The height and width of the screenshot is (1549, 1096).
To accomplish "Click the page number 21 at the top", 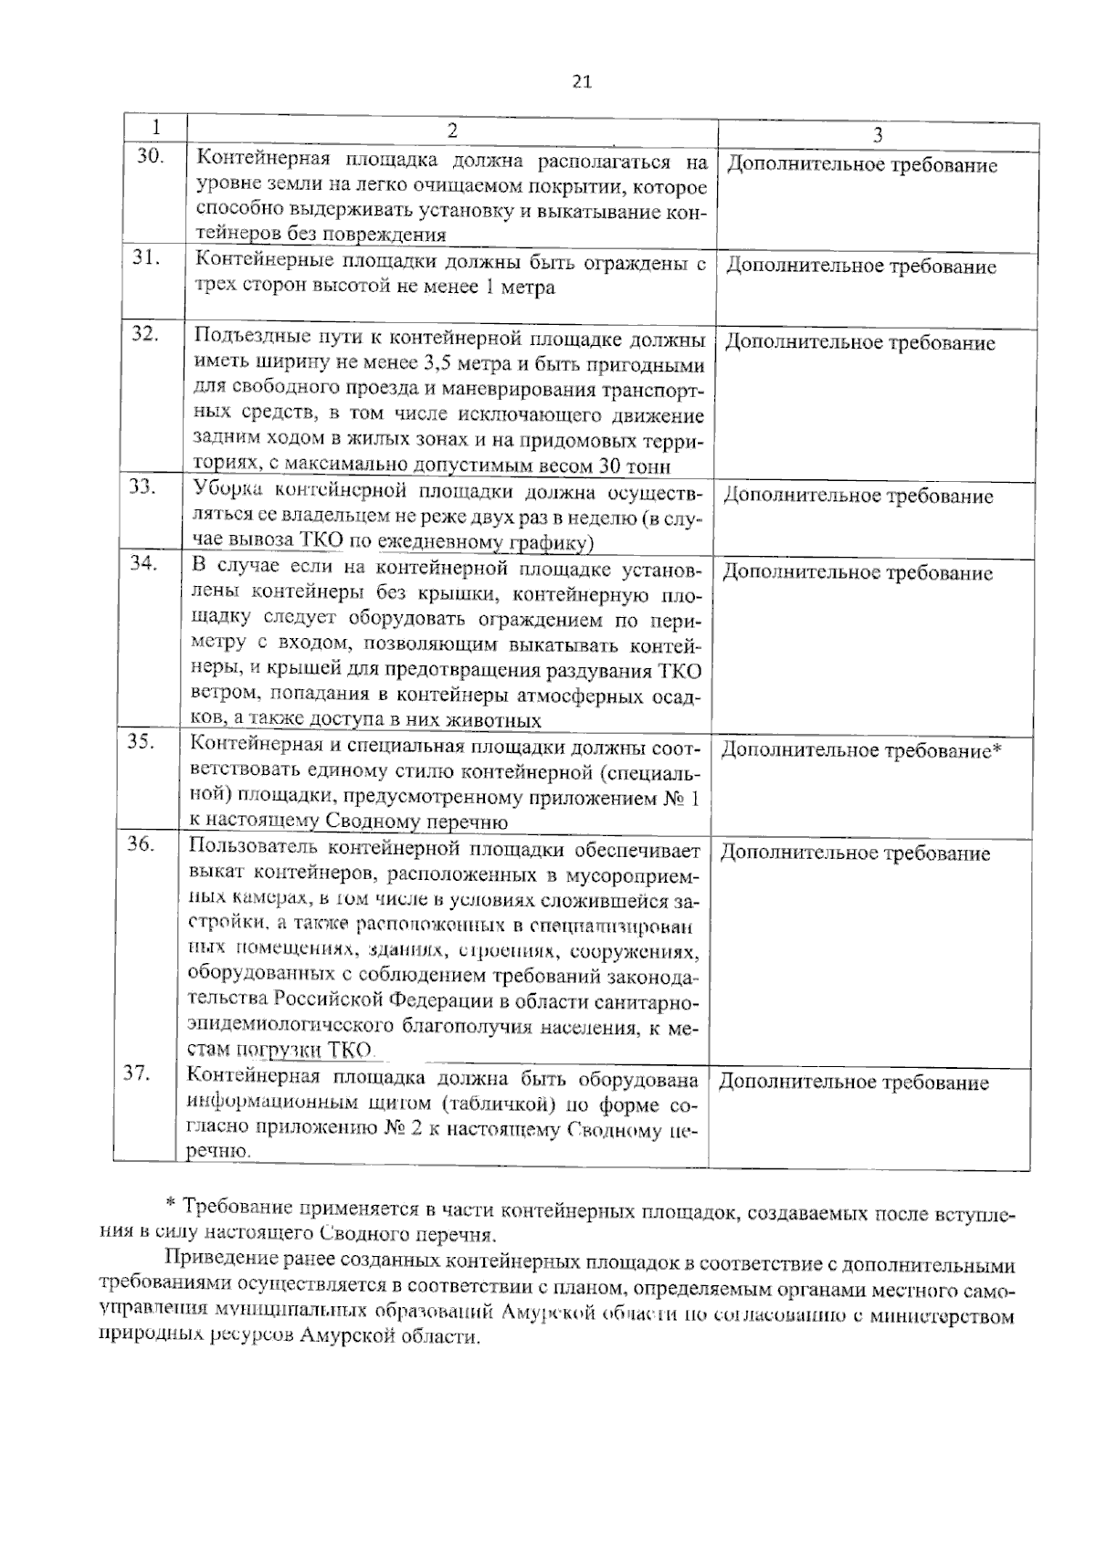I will tap(582, 81).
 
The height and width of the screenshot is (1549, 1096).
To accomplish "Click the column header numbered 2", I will tap(452, 131).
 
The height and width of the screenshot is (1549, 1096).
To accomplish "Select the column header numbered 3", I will tap(877, 135).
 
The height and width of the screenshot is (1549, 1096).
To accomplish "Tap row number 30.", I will tap(151, 156).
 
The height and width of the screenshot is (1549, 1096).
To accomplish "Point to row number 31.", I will tap(147, 257).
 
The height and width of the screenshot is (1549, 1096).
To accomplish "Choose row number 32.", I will tap(145, 333).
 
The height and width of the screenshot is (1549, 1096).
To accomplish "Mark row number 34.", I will tap(143, 562).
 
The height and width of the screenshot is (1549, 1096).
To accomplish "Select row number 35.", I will tap(142, 741).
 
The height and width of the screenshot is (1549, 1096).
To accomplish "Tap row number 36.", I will tap(140, 843).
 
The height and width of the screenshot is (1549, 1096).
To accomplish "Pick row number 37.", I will tap(137, 1073).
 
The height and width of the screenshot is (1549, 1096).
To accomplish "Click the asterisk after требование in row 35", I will tap(997, 749).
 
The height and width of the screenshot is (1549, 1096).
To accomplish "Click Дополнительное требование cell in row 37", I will tap(854, 1083).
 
